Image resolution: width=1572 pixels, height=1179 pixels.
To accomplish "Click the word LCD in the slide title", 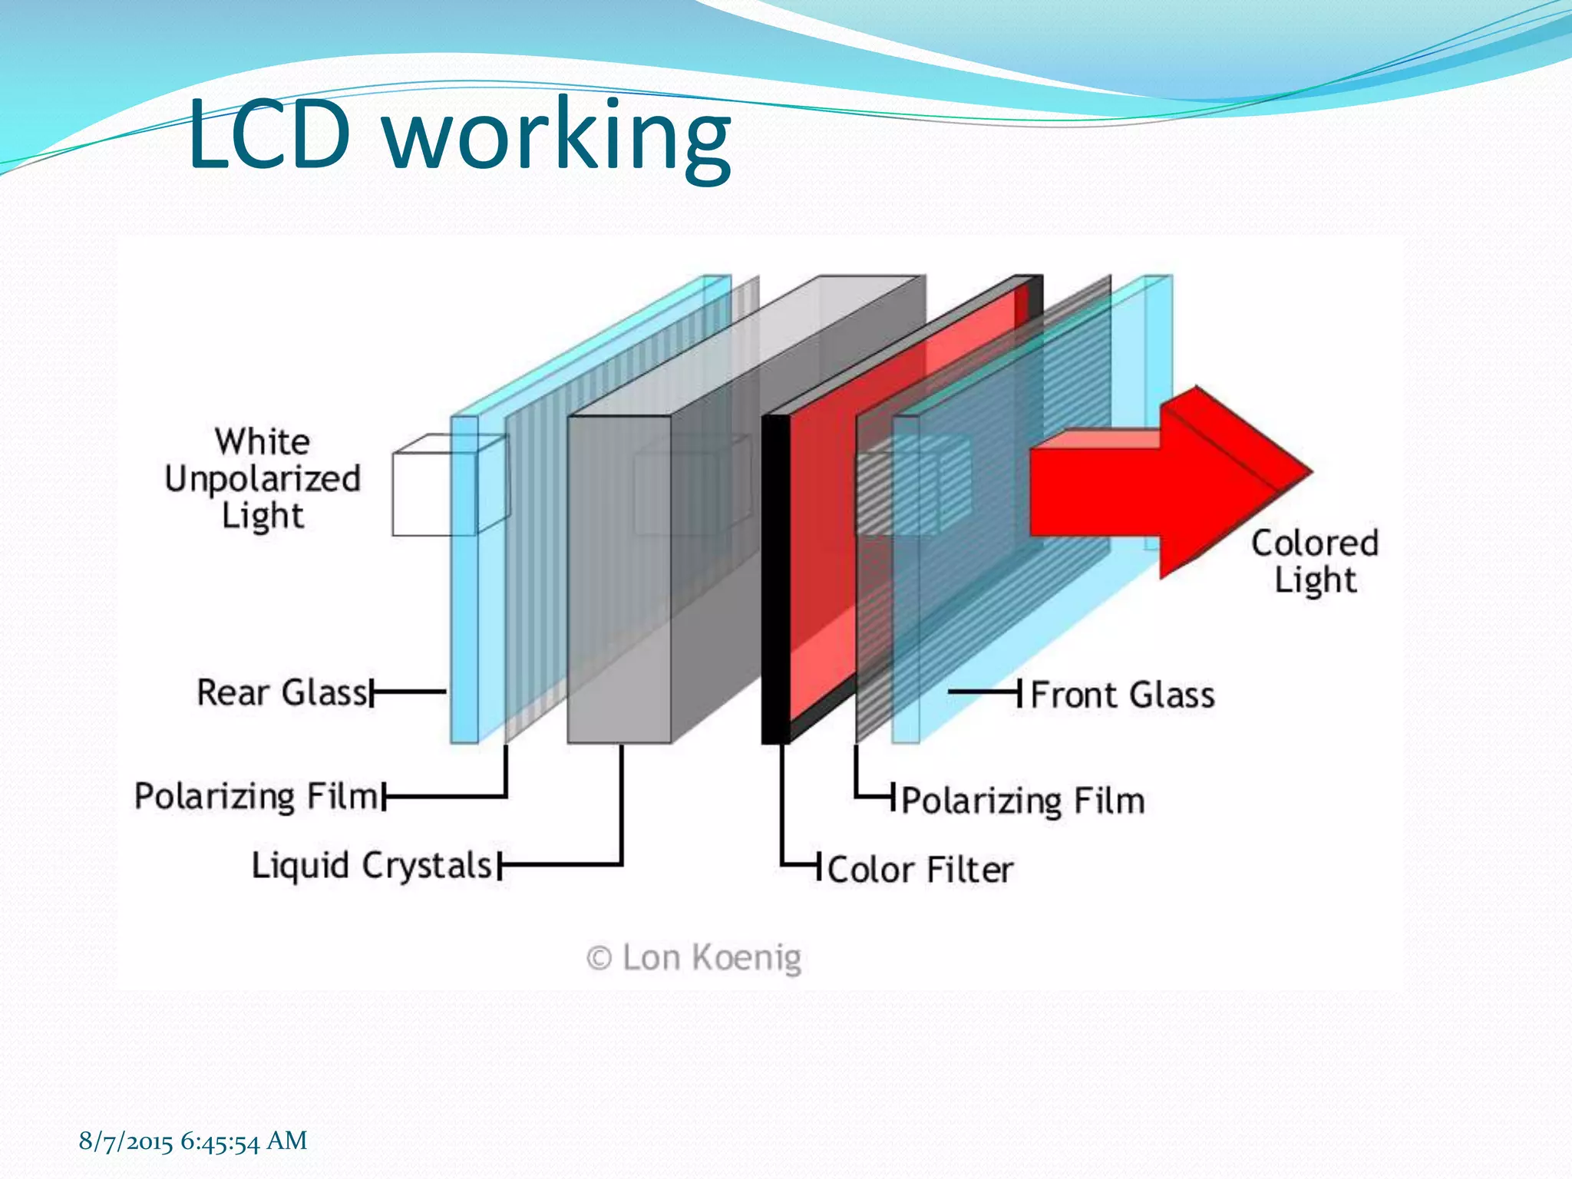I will (269, 136).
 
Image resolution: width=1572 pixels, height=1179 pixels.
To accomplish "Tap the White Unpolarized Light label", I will (263, 479).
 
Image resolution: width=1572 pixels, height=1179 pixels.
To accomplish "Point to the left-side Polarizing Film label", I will (256, 796).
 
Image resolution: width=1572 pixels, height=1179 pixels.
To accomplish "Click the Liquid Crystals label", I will (372, 866).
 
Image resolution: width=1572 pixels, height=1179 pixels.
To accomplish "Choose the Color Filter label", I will (920, 870).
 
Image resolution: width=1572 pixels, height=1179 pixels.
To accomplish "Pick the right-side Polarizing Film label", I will (1022, 801).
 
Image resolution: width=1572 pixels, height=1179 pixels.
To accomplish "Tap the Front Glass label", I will (1122, 695).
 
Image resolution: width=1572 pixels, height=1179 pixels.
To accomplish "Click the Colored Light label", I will (1314, 561).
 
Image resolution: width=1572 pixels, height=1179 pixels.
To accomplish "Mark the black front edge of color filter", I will (775, 580).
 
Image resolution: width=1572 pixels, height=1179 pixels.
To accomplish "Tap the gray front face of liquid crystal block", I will (619, 580).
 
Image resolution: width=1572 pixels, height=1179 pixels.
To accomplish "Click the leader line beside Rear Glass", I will (409, 692).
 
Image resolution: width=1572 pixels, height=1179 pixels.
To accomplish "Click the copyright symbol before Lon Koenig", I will (599, 959).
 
